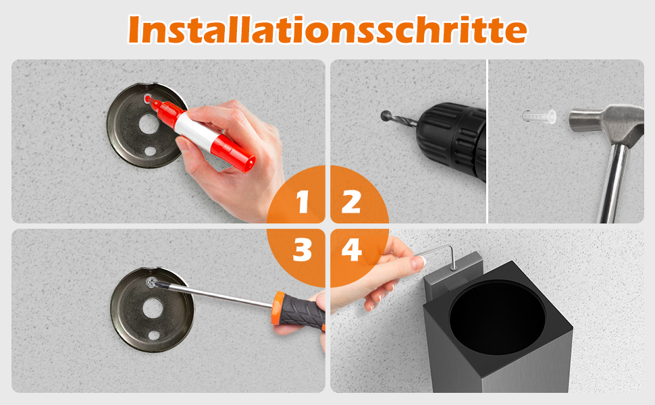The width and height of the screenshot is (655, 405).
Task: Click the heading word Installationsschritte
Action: [x=327, y=30]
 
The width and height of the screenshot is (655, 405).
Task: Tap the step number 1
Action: [x=303, y=202]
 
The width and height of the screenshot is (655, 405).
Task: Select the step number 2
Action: [x=351, y=202]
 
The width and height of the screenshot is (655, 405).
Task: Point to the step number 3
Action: [x=303, y=250]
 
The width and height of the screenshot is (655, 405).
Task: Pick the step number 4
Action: [x=352, y=250]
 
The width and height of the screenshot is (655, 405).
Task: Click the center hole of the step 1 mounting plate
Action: [x=149, y=124]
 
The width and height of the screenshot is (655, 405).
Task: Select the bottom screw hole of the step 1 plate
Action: [x=150, y=151]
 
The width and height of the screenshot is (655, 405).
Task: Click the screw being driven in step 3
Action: [x=151, y=283]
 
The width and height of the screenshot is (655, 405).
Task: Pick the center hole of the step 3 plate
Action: [x=153, y=308]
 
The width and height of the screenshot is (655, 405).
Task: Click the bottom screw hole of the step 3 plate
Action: [x=154, y=335]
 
